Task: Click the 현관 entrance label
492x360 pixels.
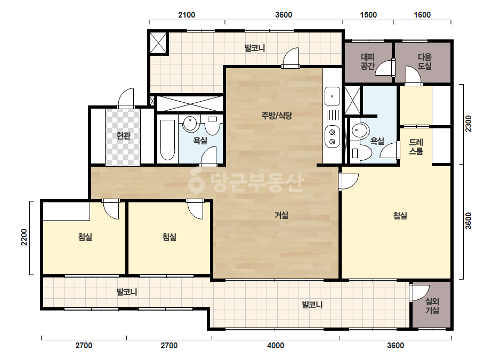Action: coord(123,136)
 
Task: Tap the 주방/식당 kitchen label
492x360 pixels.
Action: coord(277,116)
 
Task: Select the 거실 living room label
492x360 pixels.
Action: coord(281,215)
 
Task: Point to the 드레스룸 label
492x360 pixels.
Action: coord(416,147)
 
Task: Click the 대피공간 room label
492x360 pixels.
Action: coord(367,61)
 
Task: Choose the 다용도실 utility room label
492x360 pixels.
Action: coord(424,61)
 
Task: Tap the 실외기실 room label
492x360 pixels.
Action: coord(432,306)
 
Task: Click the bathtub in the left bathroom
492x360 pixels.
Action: coord(167,140)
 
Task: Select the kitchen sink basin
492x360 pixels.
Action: coord(332,96)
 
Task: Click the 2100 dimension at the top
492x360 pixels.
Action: coord(187,15)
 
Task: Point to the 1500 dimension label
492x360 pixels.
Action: coord(368,15)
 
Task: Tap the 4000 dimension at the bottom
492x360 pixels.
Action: coord(276,346)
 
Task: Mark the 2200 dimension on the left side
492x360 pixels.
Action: coord(24,237)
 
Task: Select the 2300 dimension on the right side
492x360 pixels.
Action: coord(468,124)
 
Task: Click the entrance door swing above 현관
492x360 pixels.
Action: coord(126,98)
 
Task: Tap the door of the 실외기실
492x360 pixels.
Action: coord(419,293)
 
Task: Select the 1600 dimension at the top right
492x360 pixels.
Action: coord(422,15)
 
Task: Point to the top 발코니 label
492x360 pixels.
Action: coord(255,48)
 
